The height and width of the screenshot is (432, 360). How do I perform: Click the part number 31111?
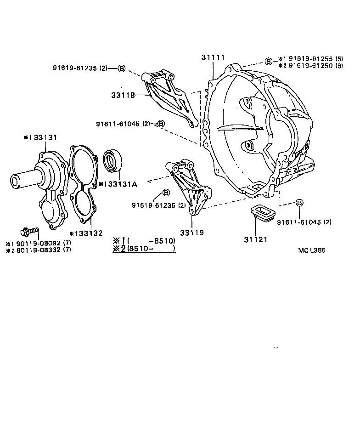pos(213,57)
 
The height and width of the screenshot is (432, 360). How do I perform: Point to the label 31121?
pos(256,239)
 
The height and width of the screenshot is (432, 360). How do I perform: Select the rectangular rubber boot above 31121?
pos(260,212)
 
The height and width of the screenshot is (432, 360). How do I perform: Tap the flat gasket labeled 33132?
pos(83,184)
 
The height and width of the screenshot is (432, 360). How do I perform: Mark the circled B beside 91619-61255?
pos(269,61)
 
